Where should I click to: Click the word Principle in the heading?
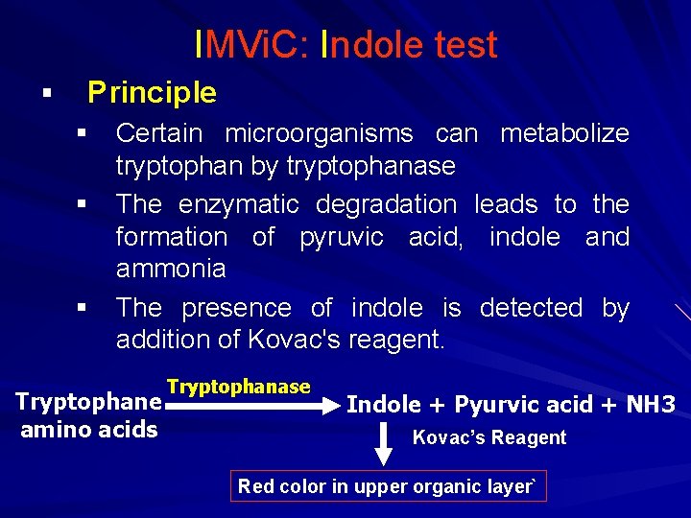(152, 93)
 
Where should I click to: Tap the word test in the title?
(465, 45)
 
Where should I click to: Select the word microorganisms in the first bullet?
(323, 133)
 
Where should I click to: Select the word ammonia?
(171, 269)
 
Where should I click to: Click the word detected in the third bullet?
(531, 308)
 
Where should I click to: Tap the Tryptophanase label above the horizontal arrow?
(238, 387)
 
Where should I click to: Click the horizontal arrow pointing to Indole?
(250, 406)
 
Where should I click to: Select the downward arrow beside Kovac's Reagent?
(383, 440)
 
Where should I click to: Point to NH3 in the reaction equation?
(652, 404)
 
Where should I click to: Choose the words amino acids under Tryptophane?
(88, 429)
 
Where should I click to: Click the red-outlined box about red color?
(390, 486)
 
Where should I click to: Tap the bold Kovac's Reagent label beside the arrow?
(488, 437)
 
